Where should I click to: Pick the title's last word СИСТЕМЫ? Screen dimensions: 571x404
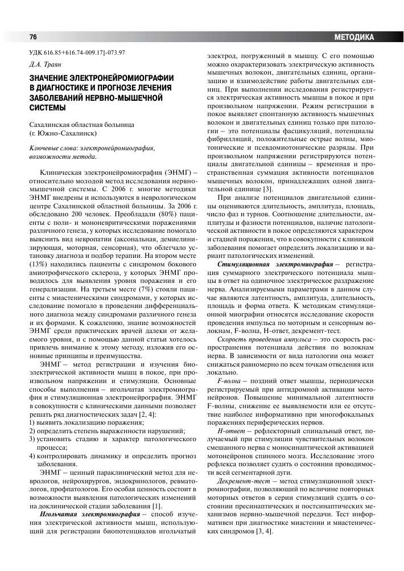pyautogui.click(x=48, y=106)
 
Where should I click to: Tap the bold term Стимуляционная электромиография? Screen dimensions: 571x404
pyautogui.click(x=274, y=264)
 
